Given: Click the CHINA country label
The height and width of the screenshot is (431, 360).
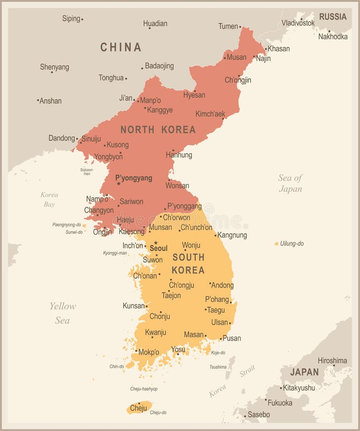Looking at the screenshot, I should (x=121, y=47).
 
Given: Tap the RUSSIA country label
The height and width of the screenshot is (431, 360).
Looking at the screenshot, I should (x=333, y=17).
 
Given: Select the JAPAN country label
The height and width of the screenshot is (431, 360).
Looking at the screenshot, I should (x=304, y=372).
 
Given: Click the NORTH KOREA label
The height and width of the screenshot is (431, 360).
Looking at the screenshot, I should (x=158, y=129).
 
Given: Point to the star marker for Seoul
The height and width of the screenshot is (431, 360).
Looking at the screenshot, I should (x=155, y=243).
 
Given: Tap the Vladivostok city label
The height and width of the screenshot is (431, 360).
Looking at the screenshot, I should (x=298, y=23).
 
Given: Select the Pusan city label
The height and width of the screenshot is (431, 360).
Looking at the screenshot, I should (x=232, y=338).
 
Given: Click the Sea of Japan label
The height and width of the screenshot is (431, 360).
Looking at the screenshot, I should (x=291, y=183).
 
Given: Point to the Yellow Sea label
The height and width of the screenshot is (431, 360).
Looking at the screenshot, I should (x=63, y=313).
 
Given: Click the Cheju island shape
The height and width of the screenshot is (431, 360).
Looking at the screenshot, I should (x=139, y=408).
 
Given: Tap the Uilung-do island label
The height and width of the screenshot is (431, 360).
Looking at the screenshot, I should (x=292, y=243).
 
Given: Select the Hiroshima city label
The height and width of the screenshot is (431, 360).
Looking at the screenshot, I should (x=332, y=360).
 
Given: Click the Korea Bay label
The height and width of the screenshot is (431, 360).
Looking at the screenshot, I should (x=49, y=199).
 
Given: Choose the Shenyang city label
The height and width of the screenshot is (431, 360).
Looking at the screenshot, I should (x=55, y=67).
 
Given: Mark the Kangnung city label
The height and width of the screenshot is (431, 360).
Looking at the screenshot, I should (x=232, y=235).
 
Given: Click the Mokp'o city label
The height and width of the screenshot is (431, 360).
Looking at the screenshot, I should (x=149, y=352).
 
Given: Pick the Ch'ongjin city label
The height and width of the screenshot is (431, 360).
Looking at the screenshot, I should (x=238, y=80).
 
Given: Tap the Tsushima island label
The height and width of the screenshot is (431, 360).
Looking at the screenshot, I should (x=218, y=367).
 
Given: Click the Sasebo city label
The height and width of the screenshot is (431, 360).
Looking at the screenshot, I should (x=259, y=414).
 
